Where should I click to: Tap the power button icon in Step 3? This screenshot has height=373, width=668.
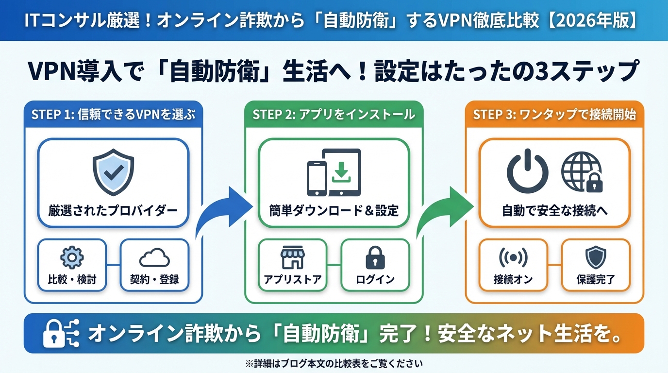[x=527, y=172]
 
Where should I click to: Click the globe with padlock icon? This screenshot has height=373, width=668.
[x=581, y=172]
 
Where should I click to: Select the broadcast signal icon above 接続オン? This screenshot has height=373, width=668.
[x=513, y=258]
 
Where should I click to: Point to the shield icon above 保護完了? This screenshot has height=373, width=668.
[x=596, y=258]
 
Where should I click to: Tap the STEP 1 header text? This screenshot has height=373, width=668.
[x=113, y=114]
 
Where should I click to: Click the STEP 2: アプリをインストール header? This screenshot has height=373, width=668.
[x=334, y=114]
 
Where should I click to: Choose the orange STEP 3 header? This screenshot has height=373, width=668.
[x=554, y=114]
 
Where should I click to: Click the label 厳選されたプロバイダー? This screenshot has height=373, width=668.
[x=113, y=211]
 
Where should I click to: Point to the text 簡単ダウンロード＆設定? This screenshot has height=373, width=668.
[x=334, y=211]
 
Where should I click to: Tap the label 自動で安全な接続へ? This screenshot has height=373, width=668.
[x=554, y=211]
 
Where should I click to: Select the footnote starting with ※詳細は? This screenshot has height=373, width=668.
[x=334, y=363]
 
